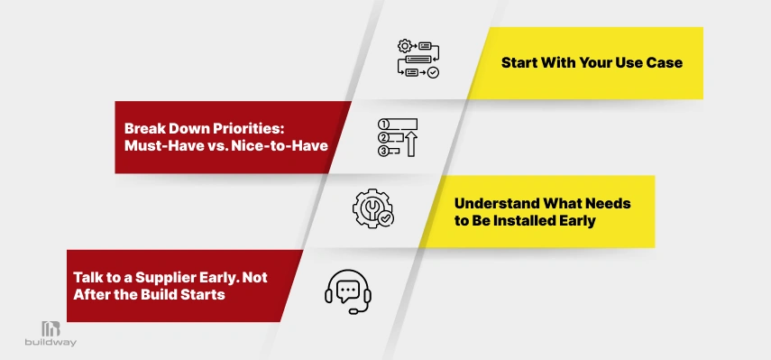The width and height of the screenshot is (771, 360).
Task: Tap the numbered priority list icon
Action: pos(399,136)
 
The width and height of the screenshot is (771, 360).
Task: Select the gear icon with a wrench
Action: pos(372,207)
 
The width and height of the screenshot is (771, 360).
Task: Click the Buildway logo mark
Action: pos(50,329)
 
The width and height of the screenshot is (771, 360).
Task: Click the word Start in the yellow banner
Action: pos(520,64)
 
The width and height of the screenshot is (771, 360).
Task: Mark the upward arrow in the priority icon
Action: pos(411,143)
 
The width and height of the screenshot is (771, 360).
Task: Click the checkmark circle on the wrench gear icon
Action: pos(385,217)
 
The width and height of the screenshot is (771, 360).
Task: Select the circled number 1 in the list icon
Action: pos(383,124)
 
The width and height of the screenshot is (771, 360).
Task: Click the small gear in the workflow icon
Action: pos(404,45)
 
